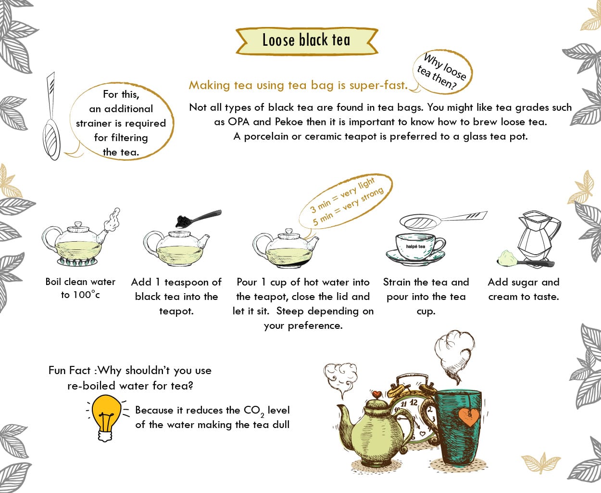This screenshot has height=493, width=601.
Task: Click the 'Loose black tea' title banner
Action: click(x=306, y=40)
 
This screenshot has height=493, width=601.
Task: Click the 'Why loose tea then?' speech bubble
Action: click(x=443, y=72)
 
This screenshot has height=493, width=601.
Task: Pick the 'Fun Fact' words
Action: click(x=70, y=370)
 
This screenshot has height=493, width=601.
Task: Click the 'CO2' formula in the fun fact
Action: click(x=253, y=411)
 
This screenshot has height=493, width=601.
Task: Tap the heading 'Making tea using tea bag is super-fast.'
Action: click(x=298, y=85)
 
